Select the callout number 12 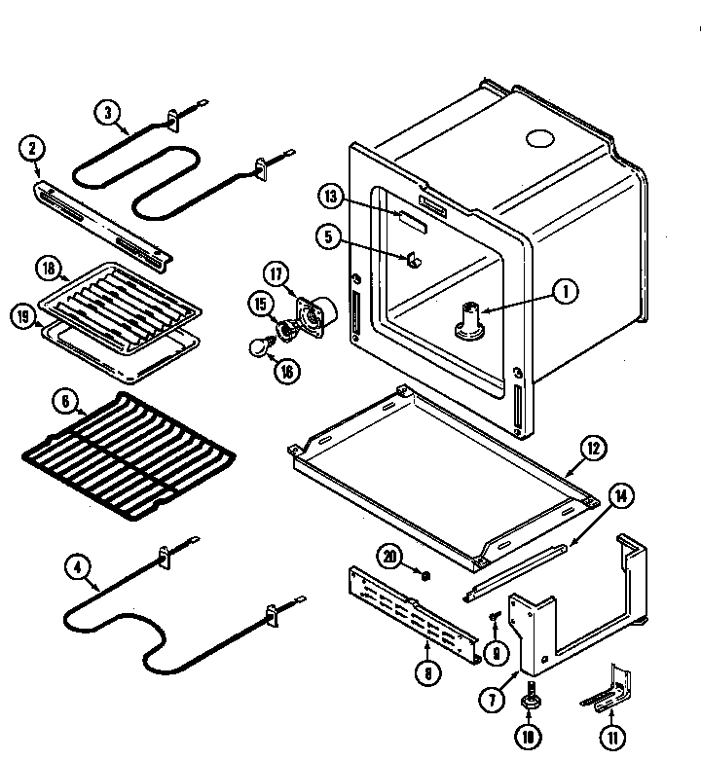click(593, 449)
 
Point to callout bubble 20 click(390, 556)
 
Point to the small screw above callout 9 click(494, 616)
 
